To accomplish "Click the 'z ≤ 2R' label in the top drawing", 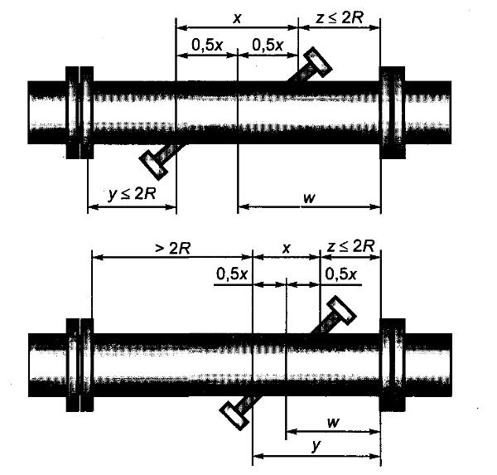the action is coord(340,19).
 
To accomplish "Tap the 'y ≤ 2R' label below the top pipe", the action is coord(132,193).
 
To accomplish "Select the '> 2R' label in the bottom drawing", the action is coord(173,249).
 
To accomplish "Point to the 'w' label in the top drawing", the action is coord(309,198).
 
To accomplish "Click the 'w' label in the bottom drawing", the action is coord(332,422).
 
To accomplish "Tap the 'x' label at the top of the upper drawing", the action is coord(236,19).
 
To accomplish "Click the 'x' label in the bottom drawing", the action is coord(286,249).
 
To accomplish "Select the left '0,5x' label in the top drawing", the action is coord(207,46).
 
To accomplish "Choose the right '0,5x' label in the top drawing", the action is coord(268,46).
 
